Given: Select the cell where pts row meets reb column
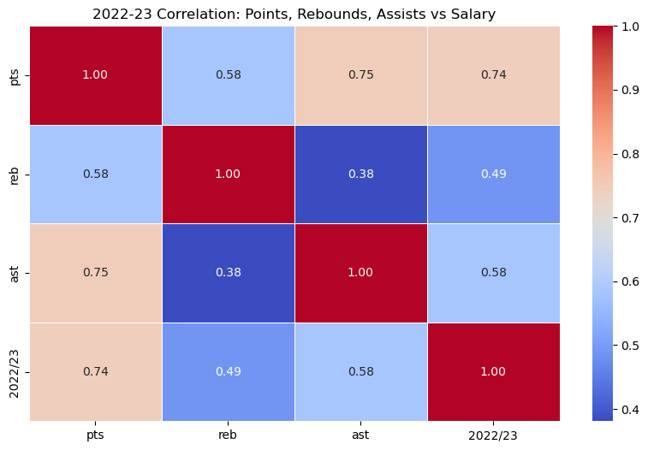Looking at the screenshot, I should [x=228, y=74].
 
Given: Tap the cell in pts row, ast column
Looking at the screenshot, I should [x=360, y=74].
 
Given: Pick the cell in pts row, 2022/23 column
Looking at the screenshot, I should [x=493, y=74].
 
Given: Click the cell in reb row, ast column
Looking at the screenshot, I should [x=360, y=174].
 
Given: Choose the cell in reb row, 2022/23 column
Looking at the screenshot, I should [x=493, y=174].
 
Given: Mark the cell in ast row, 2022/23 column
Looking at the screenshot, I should [x=493, y=273].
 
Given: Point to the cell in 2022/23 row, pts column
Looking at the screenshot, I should [x=95, y=371].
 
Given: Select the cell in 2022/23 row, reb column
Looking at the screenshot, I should [x=228, y=371].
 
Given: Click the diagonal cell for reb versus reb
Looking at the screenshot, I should [x=228, y=174].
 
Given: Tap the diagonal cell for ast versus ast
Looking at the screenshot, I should [x=360, y=273].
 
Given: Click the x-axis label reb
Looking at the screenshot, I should [x=228, y=435].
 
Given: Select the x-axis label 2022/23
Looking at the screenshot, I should [x=493, y=435].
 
